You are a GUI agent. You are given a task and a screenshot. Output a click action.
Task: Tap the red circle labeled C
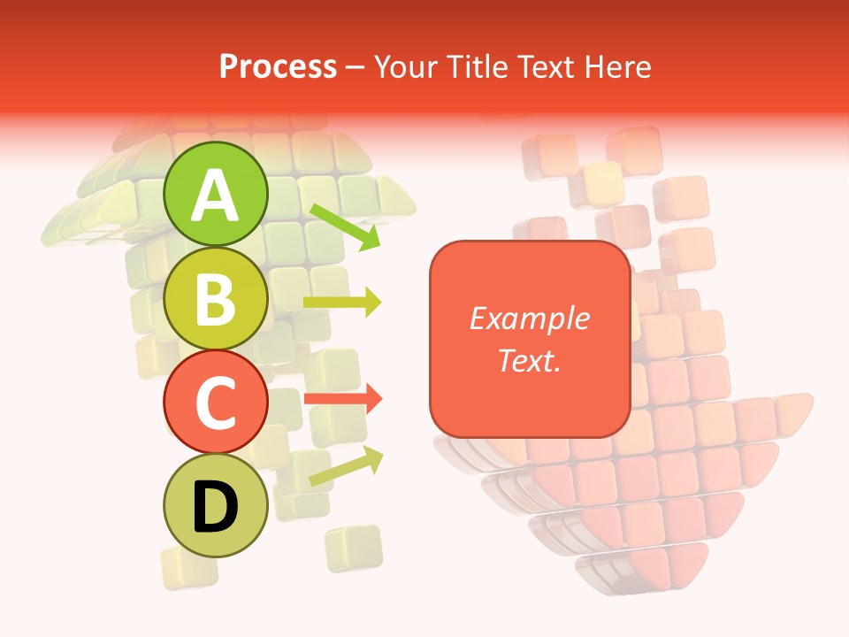[x=216, y=402]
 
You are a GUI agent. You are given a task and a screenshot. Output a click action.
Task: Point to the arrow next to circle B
[x=342, y=303]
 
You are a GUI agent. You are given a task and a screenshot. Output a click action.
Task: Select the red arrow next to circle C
[x=343, y=399]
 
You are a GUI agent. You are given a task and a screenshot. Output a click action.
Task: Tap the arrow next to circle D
[x=346, y=466]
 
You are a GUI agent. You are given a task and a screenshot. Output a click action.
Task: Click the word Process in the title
[x=278, y=66]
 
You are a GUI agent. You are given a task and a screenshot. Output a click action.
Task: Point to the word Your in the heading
[x=405, y=66]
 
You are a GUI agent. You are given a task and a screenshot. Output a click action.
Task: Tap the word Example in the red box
[x=529, y=318]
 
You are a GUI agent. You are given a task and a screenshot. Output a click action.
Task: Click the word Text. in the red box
[x=529, y=360]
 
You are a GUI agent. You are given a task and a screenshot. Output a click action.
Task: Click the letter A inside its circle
[x=216, y=196]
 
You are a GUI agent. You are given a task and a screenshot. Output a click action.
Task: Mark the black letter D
[x=216, y=508]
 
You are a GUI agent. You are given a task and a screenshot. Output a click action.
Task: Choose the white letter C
[x=216, y=403]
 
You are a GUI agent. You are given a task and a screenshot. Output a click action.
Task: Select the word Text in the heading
[x=549, y=66]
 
